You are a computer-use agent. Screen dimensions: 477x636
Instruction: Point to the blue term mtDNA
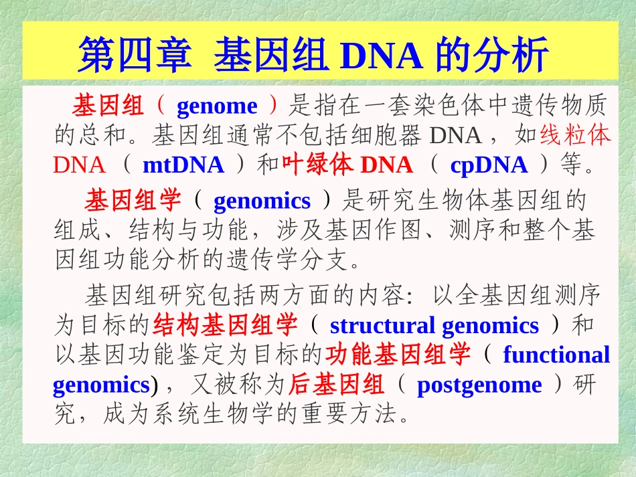pyautogui.click(x=183, y=165)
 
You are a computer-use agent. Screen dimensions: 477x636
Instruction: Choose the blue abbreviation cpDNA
pyautogui.click(x=489, y=165)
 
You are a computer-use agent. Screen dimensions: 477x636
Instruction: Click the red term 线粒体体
pyautogui.click(x=576, y=136)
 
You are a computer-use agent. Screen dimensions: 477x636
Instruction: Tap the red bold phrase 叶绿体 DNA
pyautogui.click(x=347, y=165)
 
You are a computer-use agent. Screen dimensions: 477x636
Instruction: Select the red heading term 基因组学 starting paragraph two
pyautogui.click(x=133, y=201)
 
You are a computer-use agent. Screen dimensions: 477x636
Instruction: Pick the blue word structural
pyautogui.click(x=382, y=326)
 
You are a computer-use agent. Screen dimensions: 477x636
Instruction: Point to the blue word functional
pyautogui.click(x=556, y=355)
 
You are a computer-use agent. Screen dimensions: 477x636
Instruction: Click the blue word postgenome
pyautogui.click(x=479, y=385)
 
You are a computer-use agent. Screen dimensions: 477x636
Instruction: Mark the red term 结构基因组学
pyautogui.click(x=225, y=326)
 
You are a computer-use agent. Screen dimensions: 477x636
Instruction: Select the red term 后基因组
pyautogui.click(x=336, y=385)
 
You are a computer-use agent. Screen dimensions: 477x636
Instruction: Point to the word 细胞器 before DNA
pyautogui.click(x=388, y=136)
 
